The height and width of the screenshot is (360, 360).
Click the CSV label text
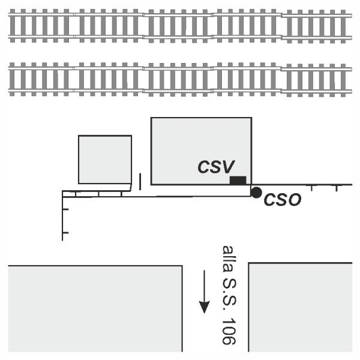[x=216, y=166]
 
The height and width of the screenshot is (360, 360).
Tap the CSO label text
[x=283, y=199]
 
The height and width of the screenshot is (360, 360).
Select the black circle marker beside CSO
[x=256, y=193]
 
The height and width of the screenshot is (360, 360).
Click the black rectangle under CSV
[x=238, y=180]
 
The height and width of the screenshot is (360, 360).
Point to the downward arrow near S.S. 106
[x=204, y=292]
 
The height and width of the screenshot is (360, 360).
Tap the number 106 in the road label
[x=229, y=331]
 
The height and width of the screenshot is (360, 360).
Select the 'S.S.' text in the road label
[x=229, y=295]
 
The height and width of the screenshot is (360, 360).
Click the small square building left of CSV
[x=105, y=160]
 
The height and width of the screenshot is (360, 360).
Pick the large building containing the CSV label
[x=202, y=151]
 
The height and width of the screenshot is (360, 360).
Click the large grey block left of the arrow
[x=95, y=308]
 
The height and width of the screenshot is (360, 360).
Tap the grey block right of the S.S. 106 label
[x=301, y=307]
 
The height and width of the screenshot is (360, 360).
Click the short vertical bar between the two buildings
[x=140, y=182]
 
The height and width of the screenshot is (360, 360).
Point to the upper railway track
[x=180, y=26]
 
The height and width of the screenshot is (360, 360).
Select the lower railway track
[x=180, y=79]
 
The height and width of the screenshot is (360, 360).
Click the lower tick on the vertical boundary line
[x=65, y=233]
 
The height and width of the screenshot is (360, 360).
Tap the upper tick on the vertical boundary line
[x=65, y=209]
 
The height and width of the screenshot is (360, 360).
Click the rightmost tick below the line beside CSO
[x=337, y=188]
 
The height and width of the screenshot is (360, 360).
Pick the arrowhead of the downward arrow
[x=204, y=307]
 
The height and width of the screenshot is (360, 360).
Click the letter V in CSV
[x=228, y=166]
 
